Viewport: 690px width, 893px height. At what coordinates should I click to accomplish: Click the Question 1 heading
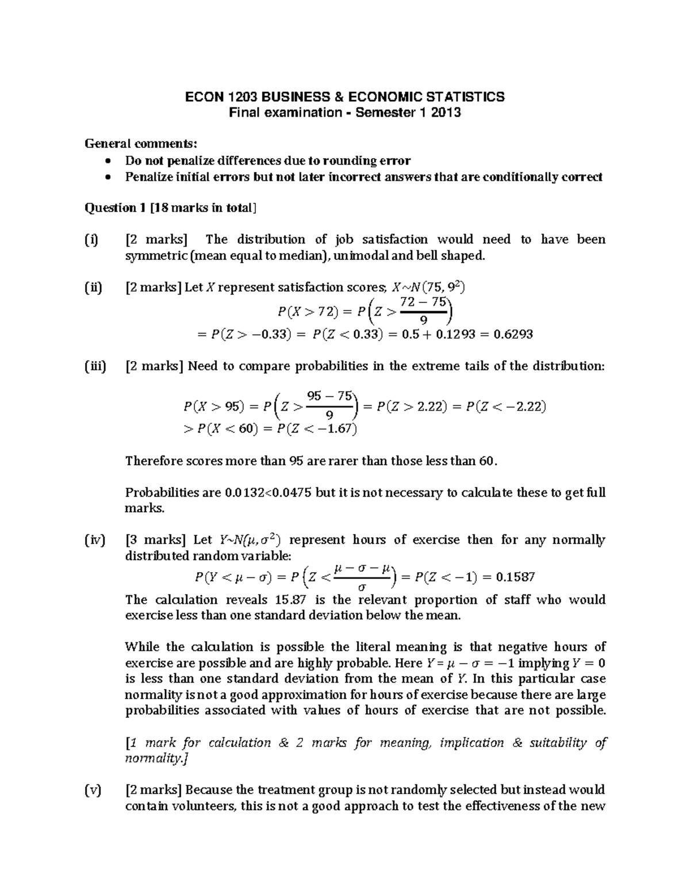click(114, 208)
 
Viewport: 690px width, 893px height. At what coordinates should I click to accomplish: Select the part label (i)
click(91, 239)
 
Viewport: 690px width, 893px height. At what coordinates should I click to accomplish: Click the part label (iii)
click(95, 366)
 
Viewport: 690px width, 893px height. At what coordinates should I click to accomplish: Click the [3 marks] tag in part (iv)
click(155, 540)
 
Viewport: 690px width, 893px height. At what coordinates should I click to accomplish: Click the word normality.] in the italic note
click(156, 758)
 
